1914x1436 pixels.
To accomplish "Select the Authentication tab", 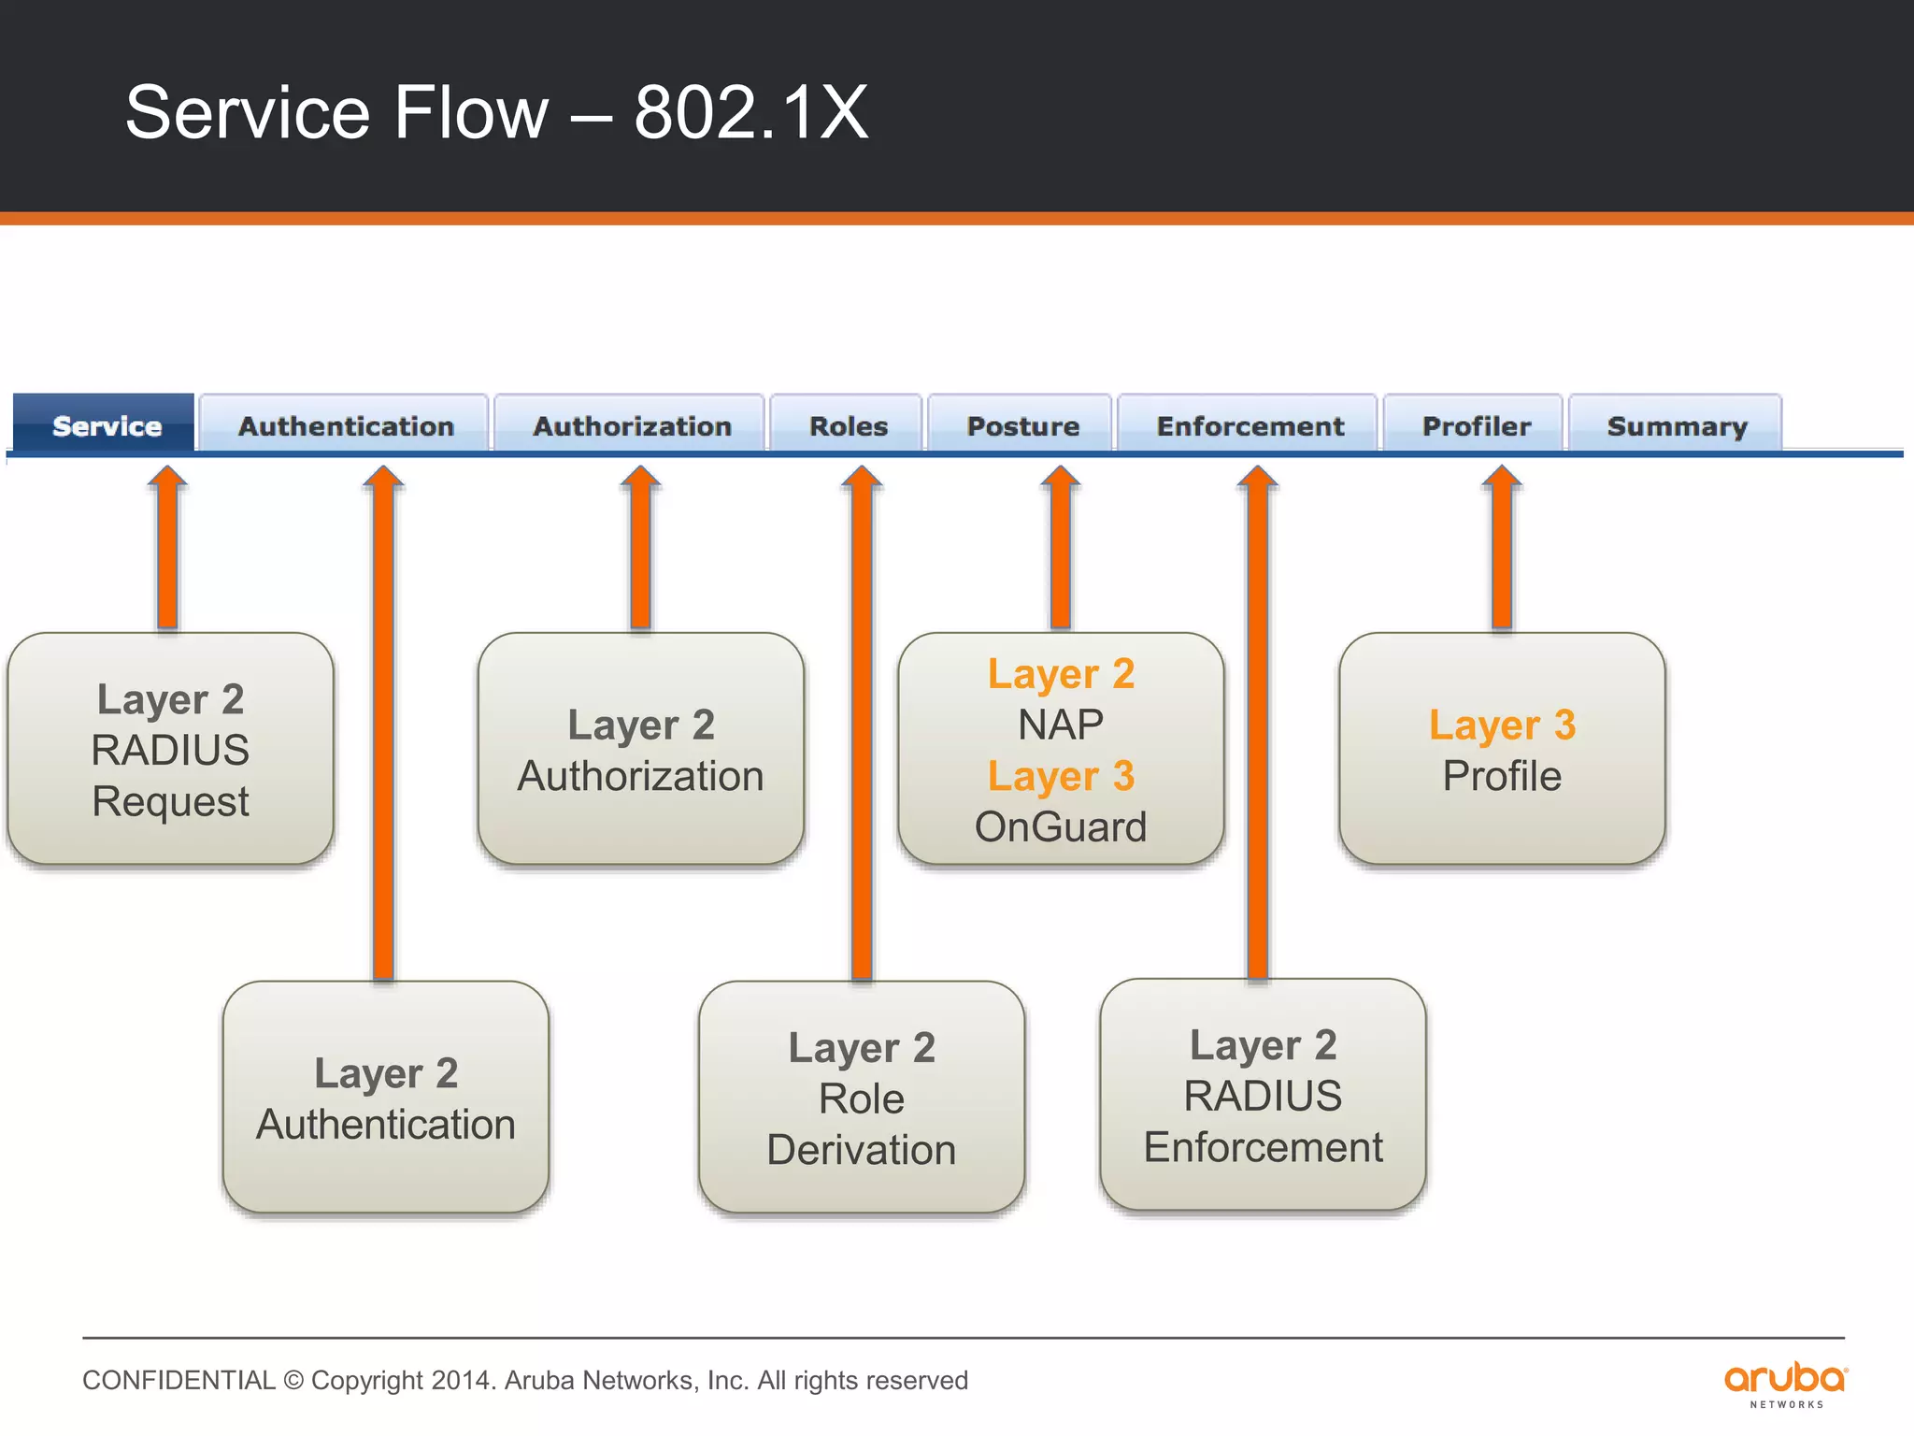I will (345, 425).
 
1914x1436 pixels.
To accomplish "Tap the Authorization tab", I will (631, 425).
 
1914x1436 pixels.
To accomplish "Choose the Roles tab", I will (848, 425).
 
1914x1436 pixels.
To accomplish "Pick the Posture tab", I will (1021, 425).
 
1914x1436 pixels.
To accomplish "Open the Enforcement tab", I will (1250, 425).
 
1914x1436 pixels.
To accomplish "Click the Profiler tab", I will (1476, 425).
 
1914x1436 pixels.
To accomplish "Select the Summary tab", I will (1677, 425).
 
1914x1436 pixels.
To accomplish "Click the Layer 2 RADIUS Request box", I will (170, 749).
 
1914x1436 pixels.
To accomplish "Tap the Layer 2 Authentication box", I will (385, 1098).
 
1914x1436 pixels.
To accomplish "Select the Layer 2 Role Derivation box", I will (861, 1098).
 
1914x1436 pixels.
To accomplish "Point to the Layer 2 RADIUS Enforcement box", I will (1263, 1095).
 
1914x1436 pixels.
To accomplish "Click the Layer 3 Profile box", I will (1501, 749).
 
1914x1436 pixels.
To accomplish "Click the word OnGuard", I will (1060, 826).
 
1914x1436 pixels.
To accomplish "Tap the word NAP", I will (1060, 725).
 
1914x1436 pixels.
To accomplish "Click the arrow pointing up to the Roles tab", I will (861, 720).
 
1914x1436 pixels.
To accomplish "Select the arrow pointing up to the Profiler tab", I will (1501, 552).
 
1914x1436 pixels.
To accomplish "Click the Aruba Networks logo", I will (1785, 1384).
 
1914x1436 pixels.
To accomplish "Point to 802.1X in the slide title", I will (750, 112).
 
